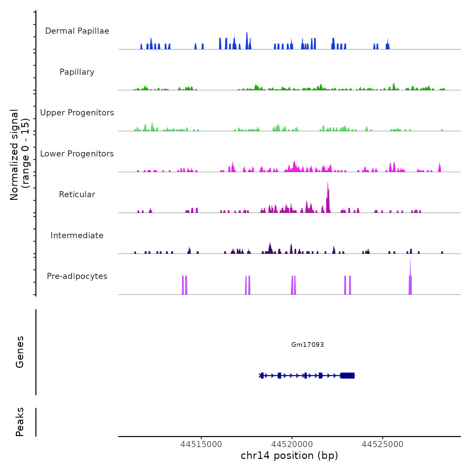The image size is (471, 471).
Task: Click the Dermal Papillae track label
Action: [x=77, y=31]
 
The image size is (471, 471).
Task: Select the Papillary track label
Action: [x=77, y=72]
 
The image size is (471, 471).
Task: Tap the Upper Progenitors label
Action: [x=77, y=113]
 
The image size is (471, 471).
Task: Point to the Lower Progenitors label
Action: [x=77, y=154]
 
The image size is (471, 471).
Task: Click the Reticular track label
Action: [x=77, y=194]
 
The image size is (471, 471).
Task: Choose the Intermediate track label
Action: [x=77, y=235]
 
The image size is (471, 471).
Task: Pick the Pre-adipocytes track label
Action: [x=77, y=276]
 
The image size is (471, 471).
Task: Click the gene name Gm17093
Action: [x=307, y=345]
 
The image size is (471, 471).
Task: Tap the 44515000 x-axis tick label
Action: [x=201, y=444]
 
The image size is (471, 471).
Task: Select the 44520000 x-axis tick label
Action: [x=292, y=444]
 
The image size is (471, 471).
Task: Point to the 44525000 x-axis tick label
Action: [x=383, y=444]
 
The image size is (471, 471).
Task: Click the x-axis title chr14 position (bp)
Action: [x=289, y=456]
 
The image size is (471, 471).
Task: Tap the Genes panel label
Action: [x=20, y=352]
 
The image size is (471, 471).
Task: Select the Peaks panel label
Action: [x=20, y=422]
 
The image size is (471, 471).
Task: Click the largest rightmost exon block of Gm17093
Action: [x=348, y=375]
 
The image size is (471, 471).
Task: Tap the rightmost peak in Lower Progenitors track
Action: [x=439, y=167]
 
